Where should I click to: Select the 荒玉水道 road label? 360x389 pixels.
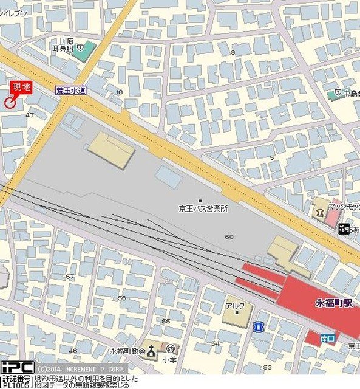70,89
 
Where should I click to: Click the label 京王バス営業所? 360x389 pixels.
203,208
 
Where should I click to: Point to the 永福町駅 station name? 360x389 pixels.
333,303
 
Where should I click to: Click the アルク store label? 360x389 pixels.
235,306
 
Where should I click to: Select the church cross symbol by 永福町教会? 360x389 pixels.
151,351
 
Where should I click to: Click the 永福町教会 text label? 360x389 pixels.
127,351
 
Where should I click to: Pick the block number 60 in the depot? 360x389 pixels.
229,237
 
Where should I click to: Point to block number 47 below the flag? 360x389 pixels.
30,115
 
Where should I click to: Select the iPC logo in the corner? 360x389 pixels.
16,368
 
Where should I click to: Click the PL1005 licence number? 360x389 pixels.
15,384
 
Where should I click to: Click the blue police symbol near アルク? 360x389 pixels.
259,326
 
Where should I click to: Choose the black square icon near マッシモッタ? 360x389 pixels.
344,229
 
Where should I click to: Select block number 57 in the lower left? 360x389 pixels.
70,277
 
